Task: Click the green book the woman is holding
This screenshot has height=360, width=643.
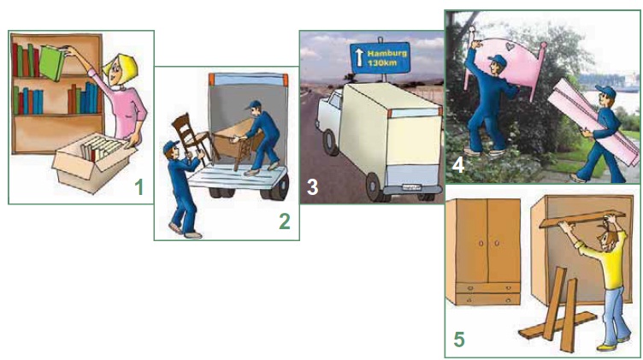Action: point(52,62)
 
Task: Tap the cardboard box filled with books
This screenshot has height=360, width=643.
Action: point(92,162)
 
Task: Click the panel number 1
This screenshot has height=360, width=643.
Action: point(139,187)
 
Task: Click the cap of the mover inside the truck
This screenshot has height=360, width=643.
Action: point(253,105)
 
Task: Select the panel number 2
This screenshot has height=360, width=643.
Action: point(285,221)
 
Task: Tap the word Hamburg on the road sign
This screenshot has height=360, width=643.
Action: point(386,53)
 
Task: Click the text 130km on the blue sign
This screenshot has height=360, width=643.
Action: point(382,63)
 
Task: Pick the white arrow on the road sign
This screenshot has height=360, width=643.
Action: point(359,57)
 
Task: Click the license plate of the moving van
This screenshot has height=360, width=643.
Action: point(411,187)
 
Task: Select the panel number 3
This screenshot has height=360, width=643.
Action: point(312,187)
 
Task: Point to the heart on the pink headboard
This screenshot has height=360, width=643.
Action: point(510,47)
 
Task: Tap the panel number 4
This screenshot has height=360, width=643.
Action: point(457,165)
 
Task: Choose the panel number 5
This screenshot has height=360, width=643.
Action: point(459,339)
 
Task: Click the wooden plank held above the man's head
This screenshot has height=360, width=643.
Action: point(582,219)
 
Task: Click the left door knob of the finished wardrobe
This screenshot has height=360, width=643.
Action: point(481,244)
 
